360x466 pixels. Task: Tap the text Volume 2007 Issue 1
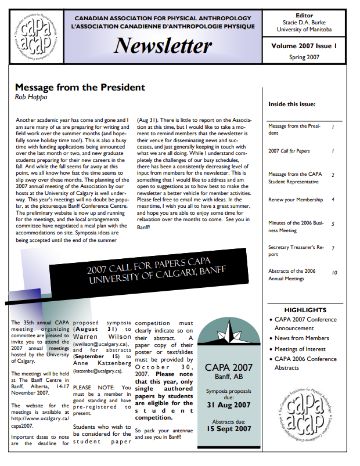304,45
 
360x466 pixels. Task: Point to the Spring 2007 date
304,57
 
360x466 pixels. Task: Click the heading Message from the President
80,88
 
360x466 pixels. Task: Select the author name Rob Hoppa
31,97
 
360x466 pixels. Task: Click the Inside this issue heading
292,104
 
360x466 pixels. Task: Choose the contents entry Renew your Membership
296,200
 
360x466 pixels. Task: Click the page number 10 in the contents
334,272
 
